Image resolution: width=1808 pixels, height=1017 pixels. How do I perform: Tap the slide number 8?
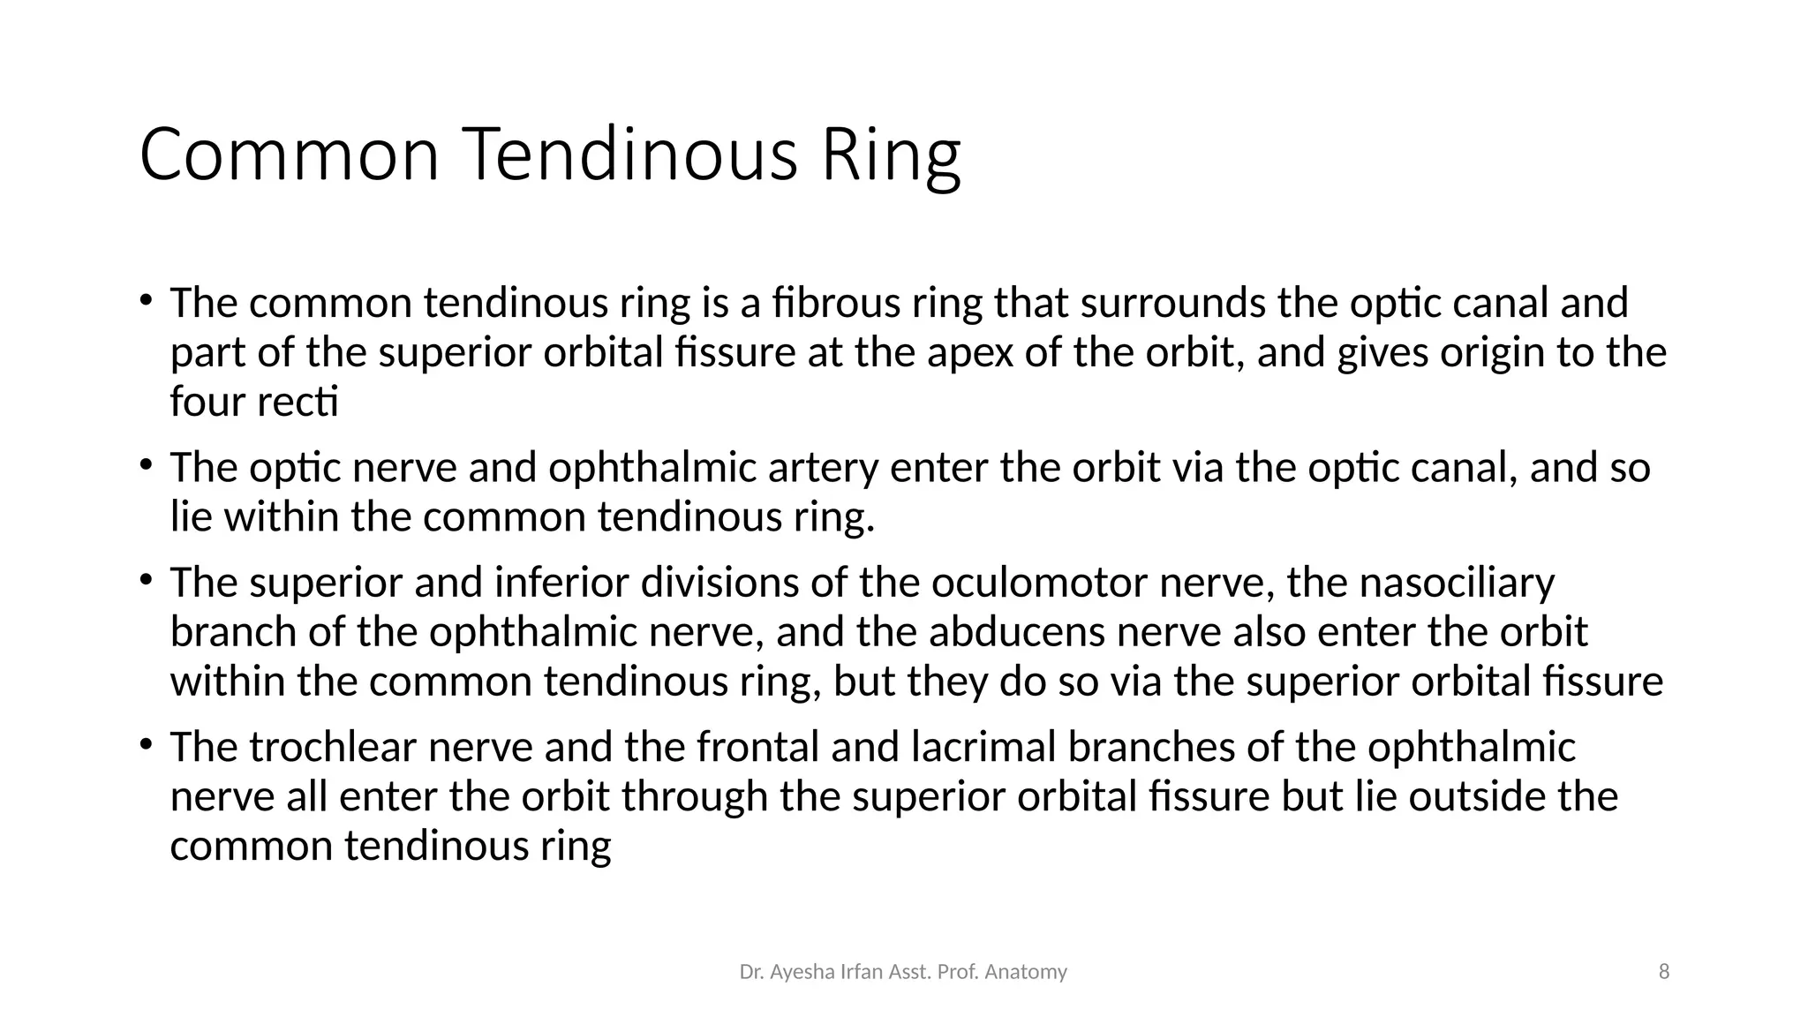tap(1664, 972)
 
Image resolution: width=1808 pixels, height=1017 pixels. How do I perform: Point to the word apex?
tap(969, 353)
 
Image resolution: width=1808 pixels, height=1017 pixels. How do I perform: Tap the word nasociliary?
tap(1456, 584)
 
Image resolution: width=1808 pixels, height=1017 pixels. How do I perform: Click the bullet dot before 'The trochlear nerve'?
tap(146, 744)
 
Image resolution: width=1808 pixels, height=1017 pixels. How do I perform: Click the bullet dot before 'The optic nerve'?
tap(146, 465)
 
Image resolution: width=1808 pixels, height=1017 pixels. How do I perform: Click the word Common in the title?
tap(290, 155)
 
